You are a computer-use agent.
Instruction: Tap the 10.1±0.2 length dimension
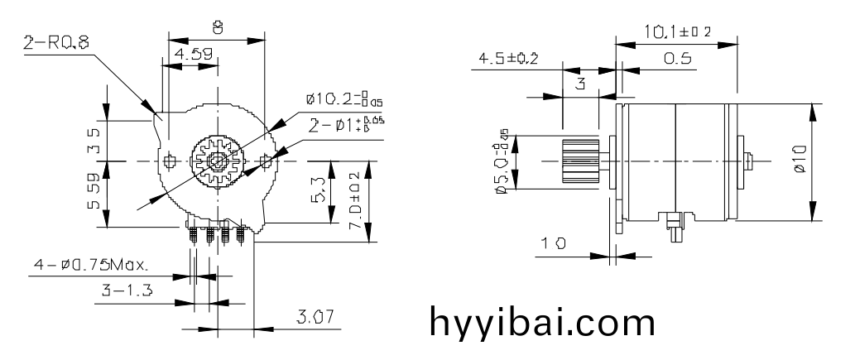coord(678,31)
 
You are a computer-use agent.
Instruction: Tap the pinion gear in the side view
coord(579,161)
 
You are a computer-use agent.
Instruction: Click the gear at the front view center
coord(217,159)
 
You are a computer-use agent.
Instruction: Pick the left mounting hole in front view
coord(170,159)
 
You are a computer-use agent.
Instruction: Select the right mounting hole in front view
coord(265,159)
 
